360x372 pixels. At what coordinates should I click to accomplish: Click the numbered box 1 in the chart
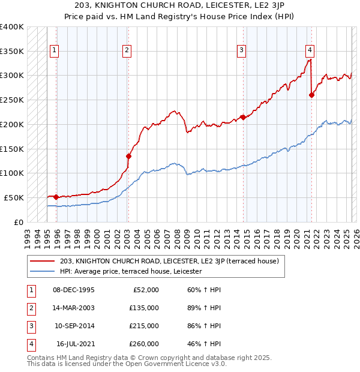point(55,51)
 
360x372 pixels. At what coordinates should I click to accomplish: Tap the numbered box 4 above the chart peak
point(310,51)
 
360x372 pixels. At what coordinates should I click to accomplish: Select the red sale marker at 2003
point(128,156)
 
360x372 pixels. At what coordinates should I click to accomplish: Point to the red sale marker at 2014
point(243,117)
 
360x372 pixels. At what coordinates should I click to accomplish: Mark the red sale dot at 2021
point(311,95)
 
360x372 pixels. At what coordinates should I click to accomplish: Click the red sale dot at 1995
point(56,196)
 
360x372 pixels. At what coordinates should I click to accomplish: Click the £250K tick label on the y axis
point(12,100)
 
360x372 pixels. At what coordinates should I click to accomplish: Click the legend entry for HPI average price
point(131,271)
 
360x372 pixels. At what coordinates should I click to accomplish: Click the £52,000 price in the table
point(145,290)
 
